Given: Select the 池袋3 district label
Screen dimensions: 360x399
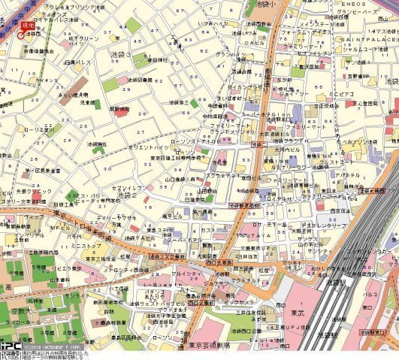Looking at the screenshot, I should click(x=120, y=55).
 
